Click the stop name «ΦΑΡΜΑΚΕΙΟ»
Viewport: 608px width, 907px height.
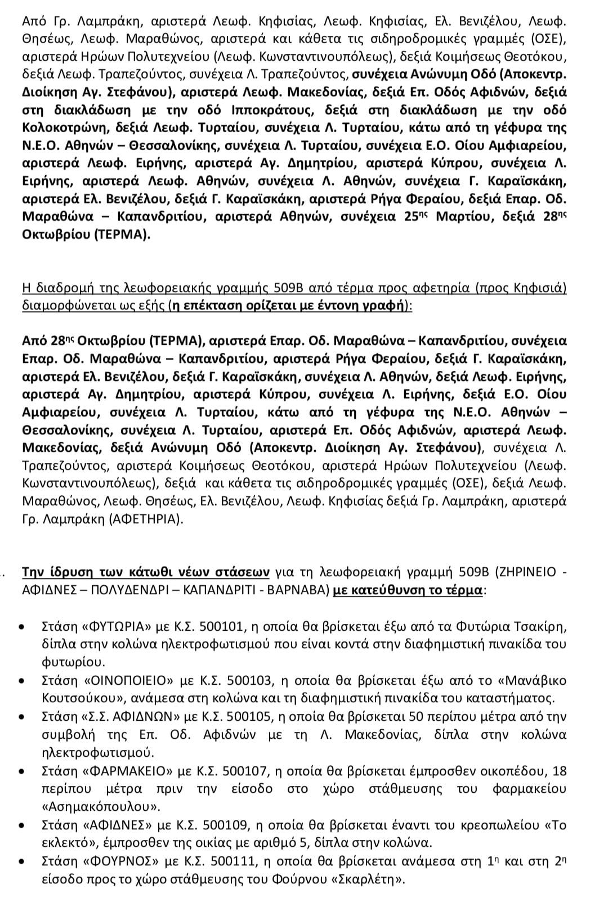pos(127,771)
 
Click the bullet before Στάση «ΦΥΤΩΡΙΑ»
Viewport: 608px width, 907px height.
pos(22,627)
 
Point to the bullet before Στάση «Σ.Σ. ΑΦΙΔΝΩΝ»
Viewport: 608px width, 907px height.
pos(22,717)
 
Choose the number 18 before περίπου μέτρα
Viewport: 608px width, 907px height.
pos(560,771)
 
